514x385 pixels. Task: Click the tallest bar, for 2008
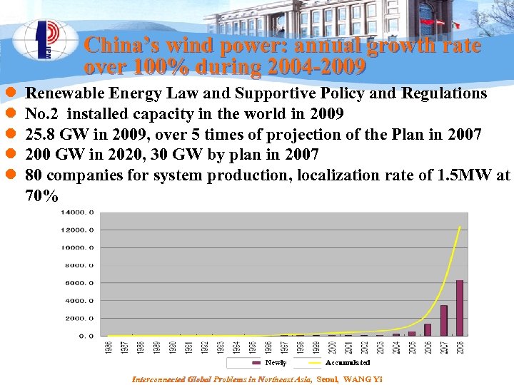(x=460, y=307)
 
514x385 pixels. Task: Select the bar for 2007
(x=443, y=320)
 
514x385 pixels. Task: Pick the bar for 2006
(x=428, y=329)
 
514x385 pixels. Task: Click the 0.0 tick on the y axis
(x=86, y=336)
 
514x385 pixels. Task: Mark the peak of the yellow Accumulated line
(x=460, y=227)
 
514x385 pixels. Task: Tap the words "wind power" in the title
(x=213, y=46)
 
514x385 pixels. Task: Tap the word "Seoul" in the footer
(x=328, y=379)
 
